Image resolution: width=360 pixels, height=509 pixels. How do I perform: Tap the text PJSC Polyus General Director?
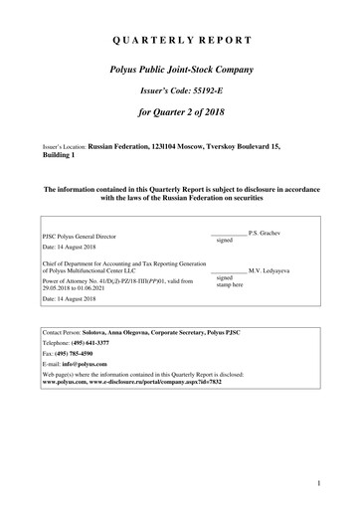coord(84,237)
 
